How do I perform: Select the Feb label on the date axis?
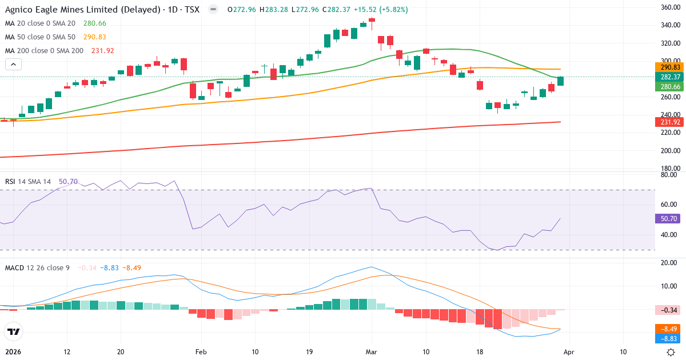coord(201,352)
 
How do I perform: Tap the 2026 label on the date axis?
coord(14,352)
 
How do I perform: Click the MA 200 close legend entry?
coord(45,51)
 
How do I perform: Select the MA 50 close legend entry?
coord(40,37)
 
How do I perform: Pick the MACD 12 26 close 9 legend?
coord(37,267)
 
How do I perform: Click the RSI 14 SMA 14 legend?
coord(28,182)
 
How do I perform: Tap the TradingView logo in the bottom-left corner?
coord(14,331)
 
